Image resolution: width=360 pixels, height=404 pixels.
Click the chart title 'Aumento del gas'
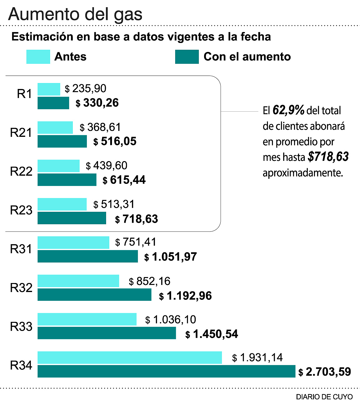click(x=75, y=14)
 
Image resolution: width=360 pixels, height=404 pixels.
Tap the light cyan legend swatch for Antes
click(x=38, y=57)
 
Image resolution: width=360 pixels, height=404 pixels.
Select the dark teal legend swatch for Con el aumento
click(x=187, y=57)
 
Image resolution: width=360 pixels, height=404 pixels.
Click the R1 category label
click(x=24, y=94)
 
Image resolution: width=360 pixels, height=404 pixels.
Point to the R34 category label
click(x=21, y=365)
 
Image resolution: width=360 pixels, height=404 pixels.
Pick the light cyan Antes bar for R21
click(x=55, y=128)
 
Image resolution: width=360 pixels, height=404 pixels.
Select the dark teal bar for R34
click(x=166, y=371)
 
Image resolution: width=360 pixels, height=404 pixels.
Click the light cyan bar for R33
click(x=87, y=319)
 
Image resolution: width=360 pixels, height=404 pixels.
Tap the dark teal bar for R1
click(x=53, y=103)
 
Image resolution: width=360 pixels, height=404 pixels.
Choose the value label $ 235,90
click(x=86, y=89)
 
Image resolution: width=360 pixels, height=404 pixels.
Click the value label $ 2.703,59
click(x=325, y=372)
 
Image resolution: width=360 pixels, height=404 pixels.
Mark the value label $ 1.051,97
click(x=171, y=257)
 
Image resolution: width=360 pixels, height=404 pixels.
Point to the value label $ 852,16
click(x=150, y=281)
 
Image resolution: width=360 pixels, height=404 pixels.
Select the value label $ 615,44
click(x=124, y=180)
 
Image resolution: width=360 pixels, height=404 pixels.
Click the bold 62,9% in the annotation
click(x=288, y=110)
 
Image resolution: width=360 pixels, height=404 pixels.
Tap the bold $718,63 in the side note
click(x=328, y=157)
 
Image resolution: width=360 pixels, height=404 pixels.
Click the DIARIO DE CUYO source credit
click(x=324, y=397)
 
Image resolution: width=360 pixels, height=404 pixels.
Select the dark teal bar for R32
click(x=94, y=295)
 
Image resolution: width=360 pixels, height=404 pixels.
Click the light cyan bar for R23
click(x=62, y=204)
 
